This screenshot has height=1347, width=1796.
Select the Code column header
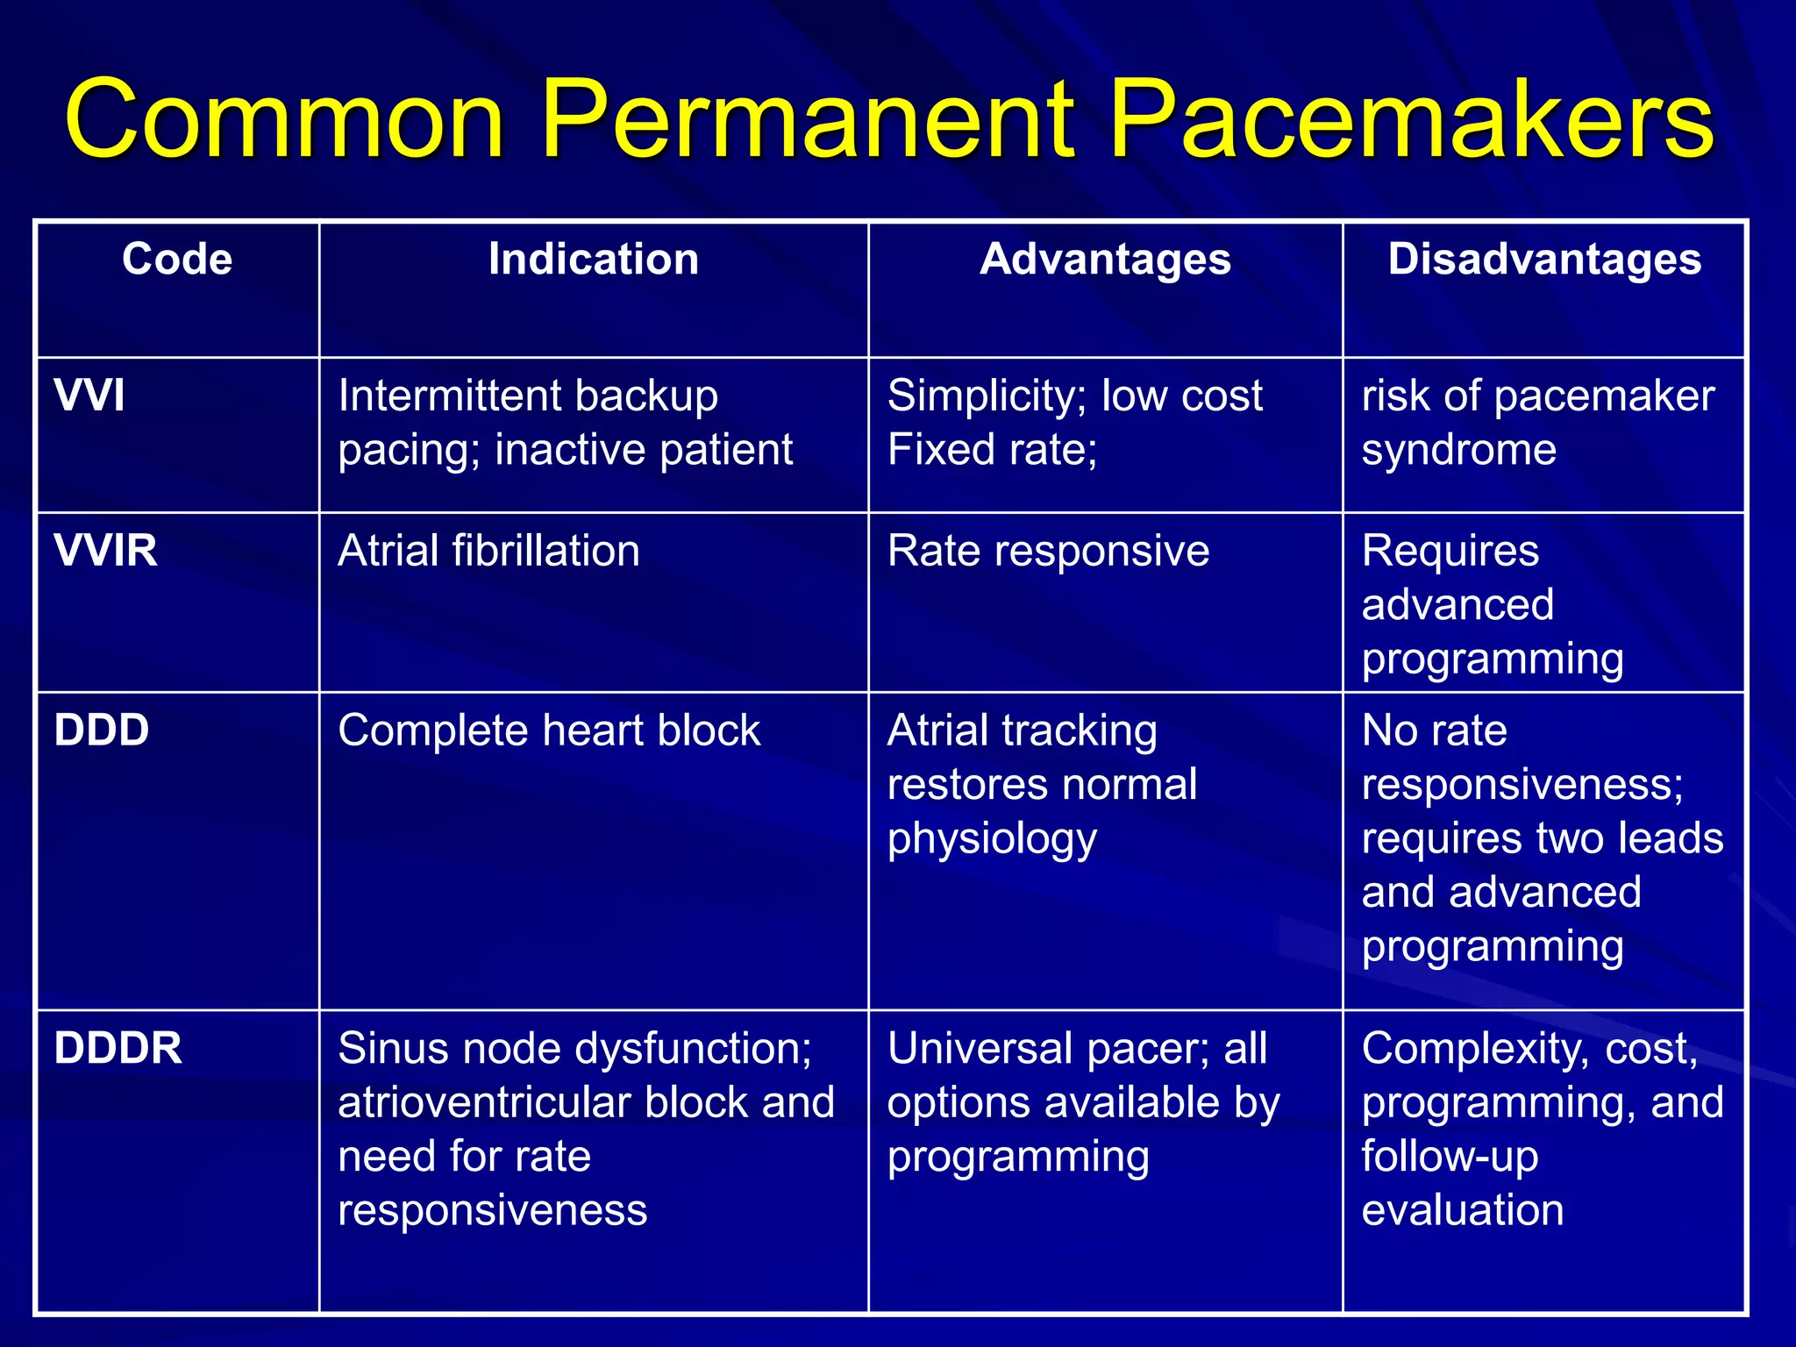177,260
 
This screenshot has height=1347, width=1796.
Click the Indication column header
594,260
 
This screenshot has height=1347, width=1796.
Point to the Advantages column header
1105,260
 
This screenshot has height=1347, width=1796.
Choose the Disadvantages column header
1544,260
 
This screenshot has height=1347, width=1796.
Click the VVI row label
89,396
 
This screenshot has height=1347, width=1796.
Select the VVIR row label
106,551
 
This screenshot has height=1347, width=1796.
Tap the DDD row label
102,731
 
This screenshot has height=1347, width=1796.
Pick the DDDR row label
118,1048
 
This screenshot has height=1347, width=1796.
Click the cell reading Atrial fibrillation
488,552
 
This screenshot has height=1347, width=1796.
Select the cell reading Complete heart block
549,731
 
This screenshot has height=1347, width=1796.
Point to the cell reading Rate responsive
1048,552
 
